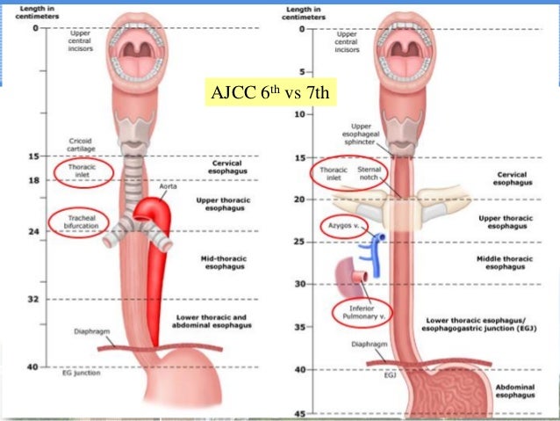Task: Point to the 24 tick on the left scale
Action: pyautogui.click(x=35, y=232)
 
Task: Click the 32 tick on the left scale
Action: pyautogui.click(x=35, y=299)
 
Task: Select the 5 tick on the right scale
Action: pyautogui.click(x=298, y=71)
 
